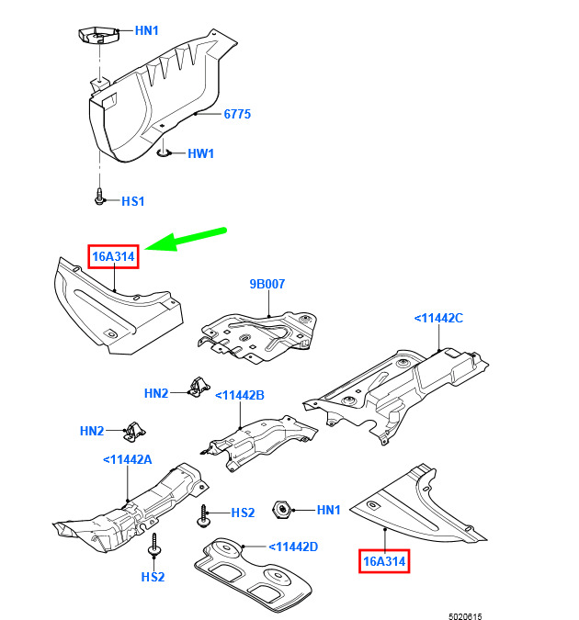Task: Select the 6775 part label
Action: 236,115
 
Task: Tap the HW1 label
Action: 200,153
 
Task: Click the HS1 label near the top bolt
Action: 133,200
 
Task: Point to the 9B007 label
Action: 267,285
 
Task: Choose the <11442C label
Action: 437,318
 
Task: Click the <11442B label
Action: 239,395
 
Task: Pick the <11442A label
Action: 127,459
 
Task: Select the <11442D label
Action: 293,547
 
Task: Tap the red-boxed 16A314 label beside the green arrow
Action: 113,257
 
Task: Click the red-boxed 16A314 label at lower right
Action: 384,560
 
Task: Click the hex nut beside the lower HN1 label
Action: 283,510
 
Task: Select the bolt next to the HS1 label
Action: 99,197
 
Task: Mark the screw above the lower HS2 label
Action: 155,546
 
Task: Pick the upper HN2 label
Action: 156,393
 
